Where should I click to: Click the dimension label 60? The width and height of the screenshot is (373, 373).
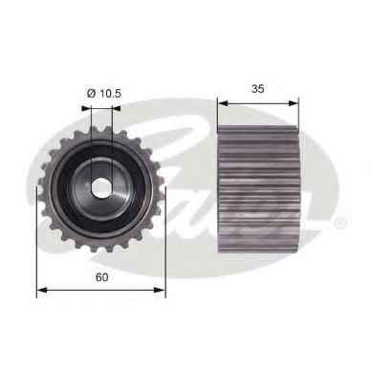(x=102, y=277)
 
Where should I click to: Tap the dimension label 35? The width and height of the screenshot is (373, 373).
(x=258, y=89)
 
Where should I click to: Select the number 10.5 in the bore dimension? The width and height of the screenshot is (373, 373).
(x=110, y=94)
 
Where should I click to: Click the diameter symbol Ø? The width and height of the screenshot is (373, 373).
(x=92, y=94)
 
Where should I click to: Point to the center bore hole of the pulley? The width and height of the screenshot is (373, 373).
(x=101, y=188)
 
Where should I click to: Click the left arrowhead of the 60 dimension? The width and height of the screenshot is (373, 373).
(x=42, y=290)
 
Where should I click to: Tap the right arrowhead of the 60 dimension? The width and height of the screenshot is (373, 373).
(x=160, y=290)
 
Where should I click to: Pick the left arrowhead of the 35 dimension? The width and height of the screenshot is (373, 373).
(x=223, y=103)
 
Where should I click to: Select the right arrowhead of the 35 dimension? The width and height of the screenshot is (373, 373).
(x=294, y=103)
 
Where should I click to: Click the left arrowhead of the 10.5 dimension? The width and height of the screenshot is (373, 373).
(x=86, y=108)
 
